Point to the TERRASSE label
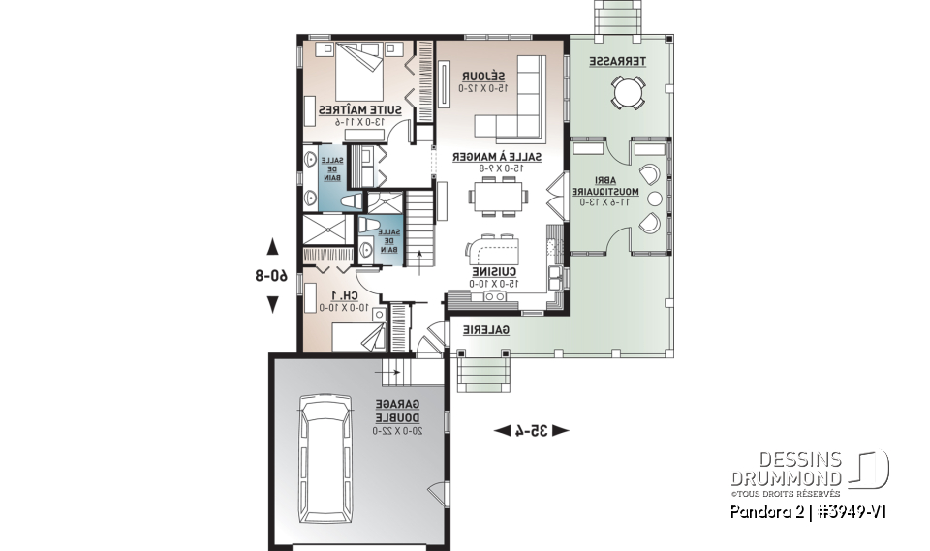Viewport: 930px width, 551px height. pyautogui.click(x=617, y=60)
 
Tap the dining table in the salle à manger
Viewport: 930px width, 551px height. pyautogui.click(x=498, y=197)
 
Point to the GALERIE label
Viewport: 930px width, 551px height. pyautogui.click(x=485, y=330)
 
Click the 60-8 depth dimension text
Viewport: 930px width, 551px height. pyautogui.click(x=273, y=275)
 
